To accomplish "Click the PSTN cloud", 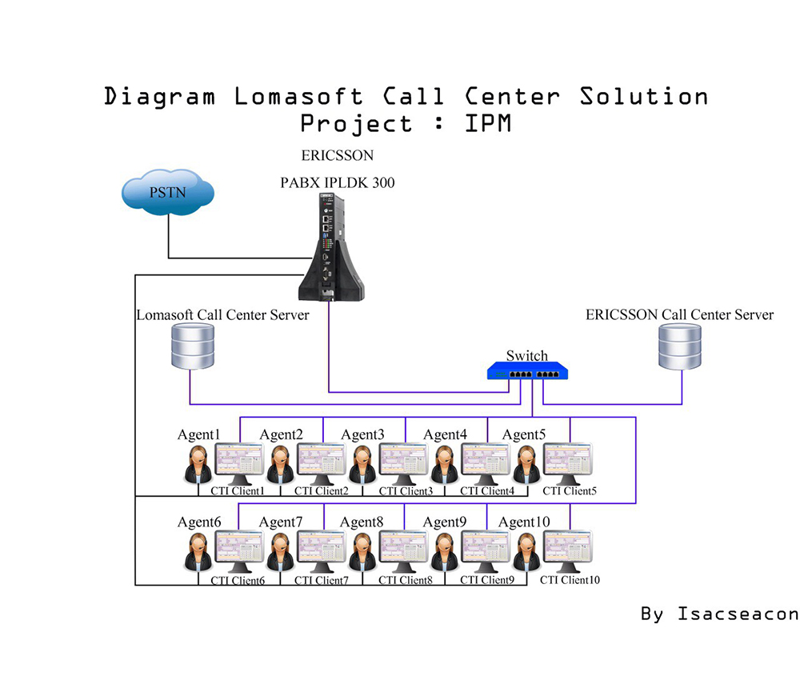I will coord(167,191).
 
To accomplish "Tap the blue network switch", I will coord(528,371).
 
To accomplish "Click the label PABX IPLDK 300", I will coord(337,182).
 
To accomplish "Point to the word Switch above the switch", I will coord(527,355).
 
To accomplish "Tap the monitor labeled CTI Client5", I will coord(569,463).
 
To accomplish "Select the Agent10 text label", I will coord(524,522).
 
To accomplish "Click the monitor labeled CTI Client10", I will coord(569,550).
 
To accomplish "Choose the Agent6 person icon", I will coord(198,551).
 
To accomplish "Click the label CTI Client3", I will coord(404,491).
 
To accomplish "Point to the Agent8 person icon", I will coord(362,551).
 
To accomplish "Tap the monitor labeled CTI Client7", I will coord(322,550).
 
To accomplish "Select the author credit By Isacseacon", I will coord(719,614).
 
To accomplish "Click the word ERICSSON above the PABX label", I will coord(337,154).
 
